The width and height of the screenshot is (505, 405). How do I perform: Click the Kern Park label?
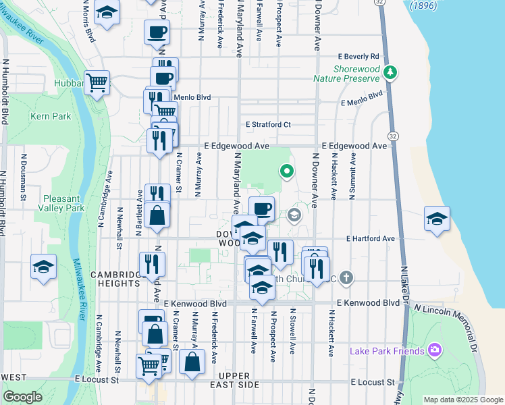(51, 116)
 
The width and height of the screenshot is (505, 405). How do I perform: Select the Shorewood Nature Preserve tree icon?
(390, 72)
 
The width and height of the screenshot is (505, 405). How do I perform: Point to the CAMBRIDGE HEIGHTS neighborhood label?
(119, 279)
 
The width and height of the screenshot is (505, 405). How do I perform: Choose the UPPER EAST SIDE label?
(238, 384)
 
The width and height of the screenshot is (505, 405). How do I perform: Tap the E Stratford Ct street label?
(268, 124)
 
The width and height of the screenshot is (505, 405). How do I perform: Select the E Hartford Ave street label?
(370, 238)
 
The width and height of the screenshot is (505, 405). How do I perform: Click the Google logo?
(22, 397)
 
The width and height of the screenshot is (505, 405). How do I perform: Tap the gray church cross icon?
(346, 277)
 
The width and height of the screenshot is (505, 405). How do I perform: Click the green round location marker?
(286, 171)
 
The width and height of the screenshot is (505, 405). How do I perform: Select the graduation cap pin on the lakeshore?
(437, 219)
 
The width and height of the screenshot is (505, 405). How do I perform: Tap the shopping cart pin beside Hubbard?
(97, 83)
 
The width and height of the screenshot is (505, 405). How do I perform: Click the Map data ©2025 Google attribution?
(462, 400)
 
